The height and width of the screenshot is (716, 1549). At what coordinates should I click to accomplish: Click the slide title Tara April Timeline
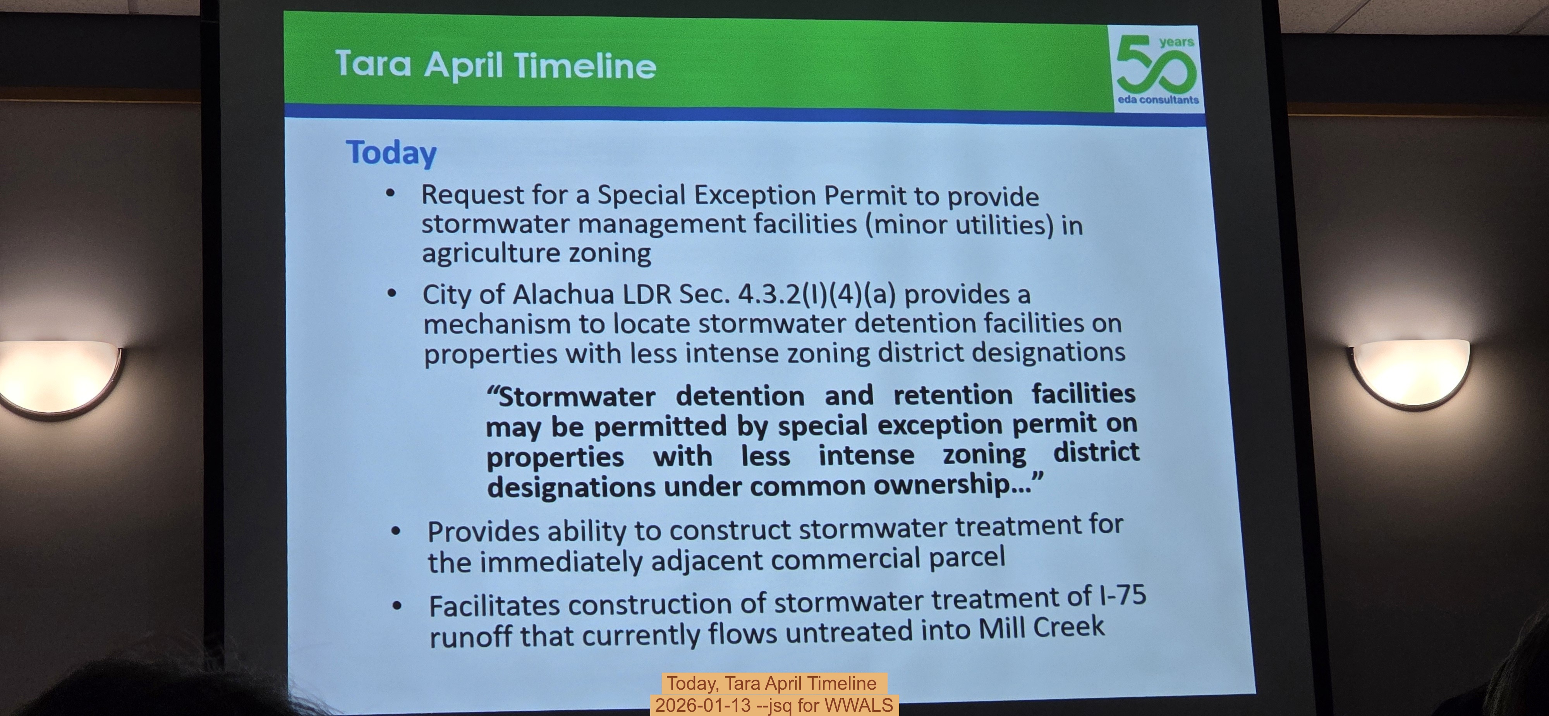(496, 65)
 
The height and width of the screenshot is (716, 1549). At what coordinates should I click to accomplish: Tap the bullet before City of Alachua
(392, 294)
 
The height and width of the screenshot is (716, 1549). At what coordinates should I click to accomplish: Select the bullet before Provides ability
(396, 531)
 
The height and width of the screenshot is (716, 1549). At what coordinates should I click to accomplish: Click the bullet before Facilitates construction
(397, 605)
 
